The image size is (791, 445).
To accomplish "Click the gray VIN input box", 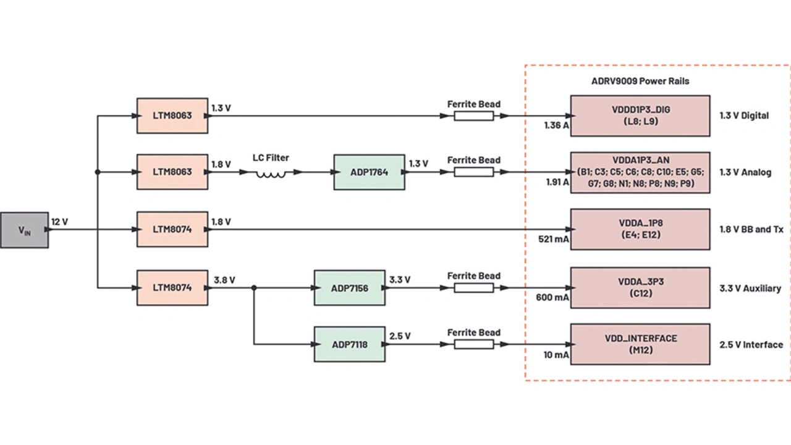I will (24, 230).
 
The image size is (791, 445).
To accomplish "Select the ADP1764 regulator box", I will (369, 172).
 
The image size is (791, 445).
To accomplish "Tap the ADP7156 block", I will (349, 287).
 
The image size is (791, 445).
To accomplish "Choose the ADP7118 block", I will (349, 344).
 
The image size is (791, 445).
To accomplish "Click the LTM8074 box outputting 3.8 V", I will (172, 287).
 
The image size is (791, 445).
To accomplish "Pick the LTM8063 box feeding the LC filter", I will (172, 172).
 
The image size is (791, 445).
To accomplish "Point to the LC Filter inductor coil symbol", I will (271, 174).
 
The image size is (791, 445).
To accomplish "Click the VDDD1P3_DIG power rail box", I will (640, 116).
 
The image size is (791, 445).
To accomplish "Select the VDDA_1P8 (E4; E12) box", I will (640, 229).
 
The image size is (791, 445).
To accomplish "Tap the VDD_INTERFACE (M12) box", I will (640, 344).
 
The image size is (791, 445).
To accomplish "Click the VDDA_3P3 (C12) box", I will (640, 287).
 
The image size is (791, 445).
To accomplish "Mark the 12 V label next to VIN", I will (59, 221).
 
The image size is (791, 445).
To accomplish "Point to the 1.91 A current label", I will (556, 182).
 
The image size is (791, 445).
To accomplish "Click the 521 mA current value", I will (554, 239).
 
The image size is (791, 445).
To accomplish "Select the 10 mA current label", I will (556, 355).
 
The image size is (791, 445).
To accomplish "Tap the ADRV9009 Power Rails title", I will (640, 81).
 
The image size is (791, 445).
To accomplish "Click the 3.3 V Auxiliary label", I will (750, 288).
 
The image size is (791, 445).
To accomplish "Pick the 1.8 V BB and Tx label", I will (751, 229).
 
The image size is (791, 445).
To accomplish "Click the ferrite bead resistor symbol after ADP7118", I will (473, 344).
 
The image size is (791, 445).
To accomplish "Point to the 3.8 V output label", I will (224, 280).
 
